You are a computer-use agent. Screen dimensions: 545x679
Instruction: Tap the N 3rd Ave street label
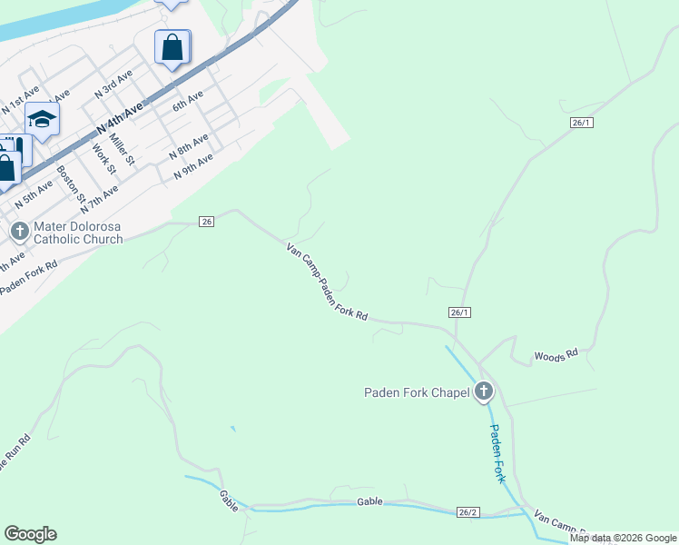point(113,83)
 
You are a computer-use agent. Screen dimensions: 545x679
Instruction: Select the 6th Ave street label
point(188,100)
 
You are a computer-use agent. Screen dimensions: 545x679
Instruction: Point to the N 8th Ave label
point(188,145)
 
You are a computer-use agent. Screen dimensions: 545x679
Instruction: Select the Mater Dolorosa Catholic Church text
point(77,233)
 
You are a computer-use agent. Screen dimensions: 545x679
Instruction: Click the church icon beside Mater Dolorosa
point(19,232)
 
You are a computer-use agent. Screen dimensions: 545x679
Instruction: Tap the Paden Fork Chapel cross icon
point(484,391)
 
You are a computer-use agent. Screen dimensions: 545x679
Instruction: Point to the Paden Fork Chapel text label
point(417,392)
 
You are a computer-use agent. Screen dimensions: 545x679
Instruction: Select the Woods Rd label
point(556,355)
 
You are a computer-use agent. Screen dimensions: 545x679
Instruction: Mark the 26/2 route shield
point(467,512)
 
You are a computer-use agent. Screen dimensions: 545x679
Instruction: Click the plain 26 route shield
point(206,222)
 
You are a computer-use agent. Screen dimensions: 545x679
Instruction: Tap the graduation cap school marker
point(42,119)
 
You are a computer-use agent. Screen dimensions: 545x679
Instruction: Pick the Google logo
point(31,534)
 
